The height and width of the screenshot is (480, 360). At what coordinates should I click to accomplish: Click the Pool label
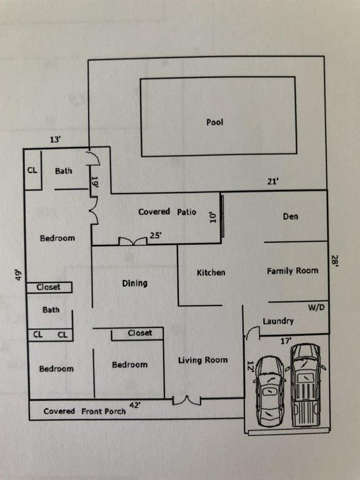[214, 122]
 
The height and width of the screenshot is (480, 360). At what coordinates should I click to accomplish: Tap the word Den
[291, 216]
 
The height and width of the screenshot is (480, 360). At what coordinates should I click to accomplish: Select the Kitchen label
[211, 272]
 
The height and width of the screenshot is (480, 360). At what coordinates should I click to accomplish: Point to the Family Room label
[292, 271]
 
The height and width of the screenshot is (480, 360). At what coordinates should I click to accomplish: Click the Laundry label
[278, 321]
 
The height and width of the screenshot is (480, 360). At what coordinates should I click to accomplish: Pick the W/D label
[316, 307]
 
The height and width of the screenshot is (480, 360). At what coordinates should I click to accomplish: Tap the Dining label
[135, 283]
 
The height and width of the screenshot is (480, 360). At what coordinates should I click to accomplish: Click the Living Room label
[202, 360]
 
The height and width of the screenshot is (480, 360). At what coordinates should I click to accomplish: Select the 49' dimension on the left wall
[19, 275]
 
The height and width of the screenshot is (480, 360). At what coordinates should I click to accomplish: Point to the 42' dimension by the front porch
[135, 405]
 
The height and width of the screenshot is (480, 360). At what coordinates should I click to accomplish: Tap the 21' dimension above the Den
[272, 181]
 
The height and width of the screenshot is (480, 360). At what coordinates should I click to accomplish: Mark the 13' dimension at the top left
[56, 140]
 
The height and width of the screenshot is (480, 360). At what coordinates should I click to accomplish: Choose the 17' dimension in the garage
[286, 341]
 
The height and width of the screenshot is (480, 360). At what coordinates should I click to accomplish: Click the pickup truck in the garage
[306, 385]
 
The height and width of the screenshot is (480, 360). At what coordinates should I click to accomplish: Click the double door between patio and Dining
[133, 241]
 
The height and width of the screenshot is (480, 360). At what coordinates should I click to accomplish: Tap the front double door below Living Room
[186, 400]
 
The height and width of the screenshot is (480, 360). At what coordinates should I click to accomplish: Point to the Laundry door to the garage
[252, 332]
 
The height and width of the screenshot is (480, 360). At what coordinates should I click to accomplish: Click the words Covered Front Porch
[84, 411]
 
